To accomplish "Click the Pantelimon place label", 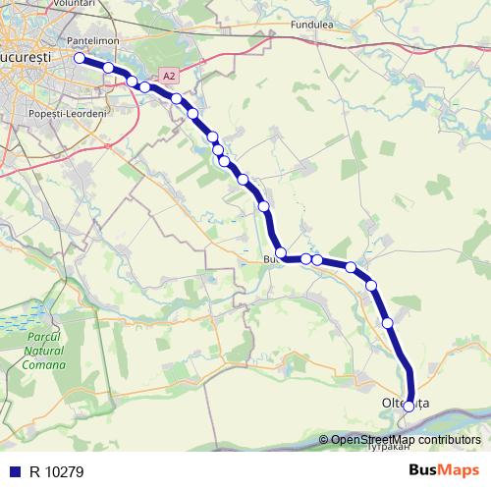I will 93,41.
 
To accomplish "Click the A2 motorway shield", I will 169,75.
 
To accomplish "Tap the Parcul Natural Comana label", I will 42,351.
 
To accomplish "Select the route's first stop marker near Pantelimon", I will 81,58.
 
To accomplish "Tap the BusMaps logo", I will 445,470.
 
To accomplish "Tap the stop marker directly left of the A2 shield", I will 145,87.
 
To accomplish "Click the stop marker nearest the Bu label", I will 282,253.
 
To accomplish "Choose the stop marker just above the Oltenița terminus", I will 388,322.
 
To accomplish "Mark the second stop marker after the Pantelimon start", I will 132,81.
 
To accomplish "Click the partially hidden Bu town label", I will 270,259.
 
